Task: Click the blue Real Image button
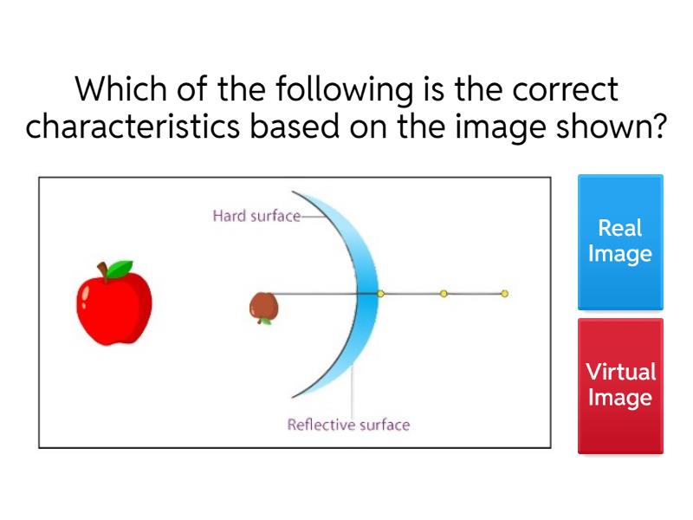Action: click(x=620, y=242)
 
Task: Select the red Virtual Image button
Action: click(x=620, y=386)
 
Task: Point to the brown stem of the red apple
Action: click(x=102, y=270)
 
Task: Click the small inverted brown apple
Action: click(x=264, y=309)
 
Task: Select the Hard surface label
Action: click(x=256, y=216)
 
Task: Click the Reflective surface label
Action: click(x=349, y=425)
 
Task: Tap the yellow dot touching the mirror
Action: click(x=380, y=294)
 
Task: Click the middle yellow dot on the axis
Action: click(x=444, y=294)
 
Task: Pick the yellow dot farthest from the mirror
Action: click(x=504, y=294)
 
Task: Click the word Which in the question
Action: click(x=120, y=89)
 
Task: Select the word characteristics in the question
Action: click(x=133, y=127)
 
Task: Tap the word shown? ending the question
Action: click(x=611, y=127)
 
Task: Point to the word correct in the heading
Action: click(x=565, y=90)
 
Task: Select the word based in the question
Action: click(x=295, y=127)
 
